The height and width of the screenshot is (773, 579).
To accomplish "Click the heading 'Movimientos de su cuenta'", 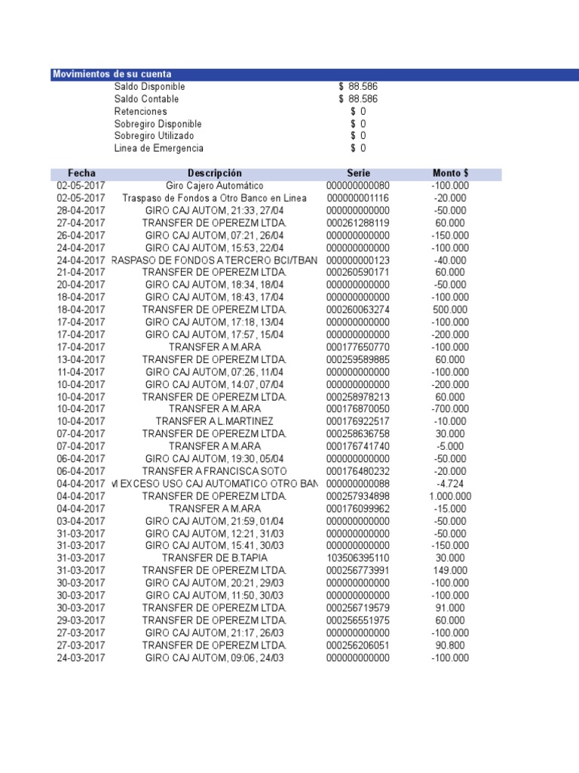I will (x=112, y=74).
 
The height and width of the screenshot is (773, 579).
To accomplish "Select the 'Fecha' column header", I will (x=81, y=174).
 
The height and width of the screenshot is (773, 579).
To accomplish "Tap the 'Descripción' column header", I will (x=215, y=174).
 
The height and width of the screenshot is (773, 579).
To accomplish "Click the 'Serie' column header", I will (x=358, y=174).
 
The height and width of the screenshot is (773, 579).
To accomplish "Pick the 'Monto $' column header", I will (x=450, y=174).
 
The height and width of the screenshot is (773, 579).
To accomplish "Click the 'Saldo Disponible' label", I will (x=149, y=87).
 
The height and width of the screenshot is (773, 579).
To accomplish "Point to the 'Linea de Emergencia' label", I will (x=158, y=148).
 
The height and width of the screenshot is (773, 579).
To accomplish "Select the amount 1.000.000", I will (x=450, y=496).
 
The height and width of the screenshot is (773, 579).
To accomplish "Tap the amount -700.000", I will (x=450, y=409).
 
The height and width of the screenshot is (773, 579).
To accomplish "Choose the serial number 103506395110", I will (x=358, y=558).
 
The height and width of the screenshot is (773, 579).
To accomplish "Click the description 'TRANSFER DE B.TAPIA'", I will (x=215, y=558).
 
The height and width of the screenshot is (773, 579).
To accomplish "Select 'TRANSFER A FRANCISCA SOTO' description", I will (x=215, y=471).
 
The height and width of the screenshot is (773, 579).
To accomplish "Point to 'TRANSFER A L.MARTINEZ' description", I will (x=215, y=421).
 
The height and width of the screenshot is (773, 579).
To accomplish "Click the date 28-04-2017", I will (x=81, y=211).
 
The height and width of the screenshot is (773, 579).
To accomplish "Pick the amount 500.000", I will (x=450, y=310).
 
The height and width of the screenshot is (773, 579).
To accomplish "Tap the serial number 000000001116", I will (x=358, y=199).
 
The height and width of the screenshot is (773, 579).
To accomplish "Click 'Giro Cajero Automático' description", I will (x=215, y=186).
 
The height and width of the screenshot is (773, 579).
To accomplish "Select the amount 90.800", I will (x=450, y=645).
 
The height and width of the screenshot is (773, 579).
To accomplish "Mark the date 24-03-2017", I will (x=81, y=658).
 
